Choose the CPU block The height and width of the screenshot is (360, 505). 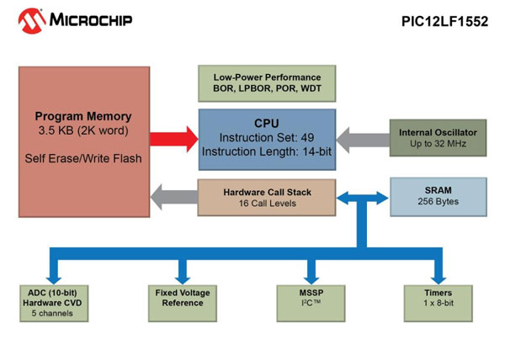[266, 138]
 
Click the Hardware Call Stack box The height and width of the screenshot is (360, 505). [266, 198]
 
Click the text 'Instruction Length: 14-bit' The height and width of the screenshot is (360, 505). [266, 151]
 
